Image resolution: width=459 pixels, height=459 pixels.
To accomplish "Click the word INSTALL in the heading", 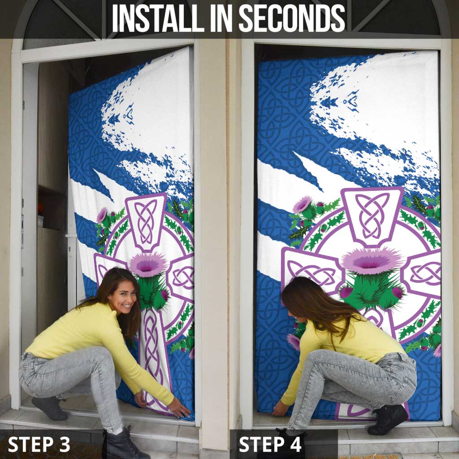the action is [158, 18].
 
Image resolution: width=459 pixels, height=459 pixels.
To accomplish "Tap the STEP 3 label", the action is [39, 444].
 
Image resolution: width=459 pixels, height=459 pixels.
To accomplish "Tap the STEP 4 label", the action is [270, 444].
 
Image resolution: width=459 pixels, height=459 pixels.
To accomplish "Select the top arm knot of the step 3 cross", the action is [146, 221].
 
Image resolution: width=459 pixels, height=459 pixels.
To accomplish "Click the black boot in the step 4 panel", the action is [388, 420].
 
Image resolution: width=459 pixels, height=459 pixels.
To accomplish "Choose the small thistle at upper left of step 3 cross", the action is [102, 215].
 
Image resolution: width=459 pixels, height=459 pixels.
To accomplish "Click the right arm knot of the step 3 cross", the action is [183, 277].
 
